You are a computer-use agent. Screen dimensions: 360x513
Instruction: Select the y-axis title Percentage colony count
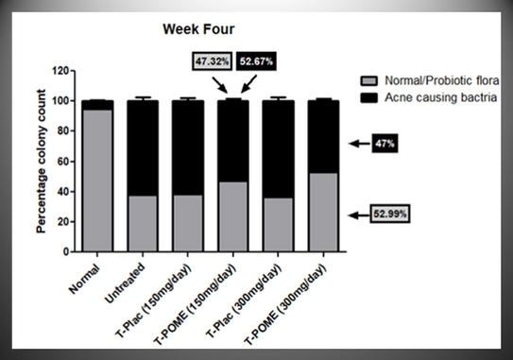pyautogui.click(x=43, y=162)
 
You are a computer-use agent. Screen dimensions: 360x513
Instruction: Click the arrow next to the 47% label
pyautogui.click(x=360, y=144)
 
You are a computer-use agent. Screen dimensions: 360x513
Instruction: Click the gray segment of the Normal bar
pyautogui.click(x=96, y=180)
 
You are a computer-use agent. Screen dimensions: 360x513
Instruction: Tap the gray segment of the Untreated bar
pyautogui.click(x=143, y=224)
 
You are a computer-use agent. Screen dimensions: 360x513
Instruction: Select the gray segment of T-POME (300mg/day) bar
pyautogui.click(x=323, y=212)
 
